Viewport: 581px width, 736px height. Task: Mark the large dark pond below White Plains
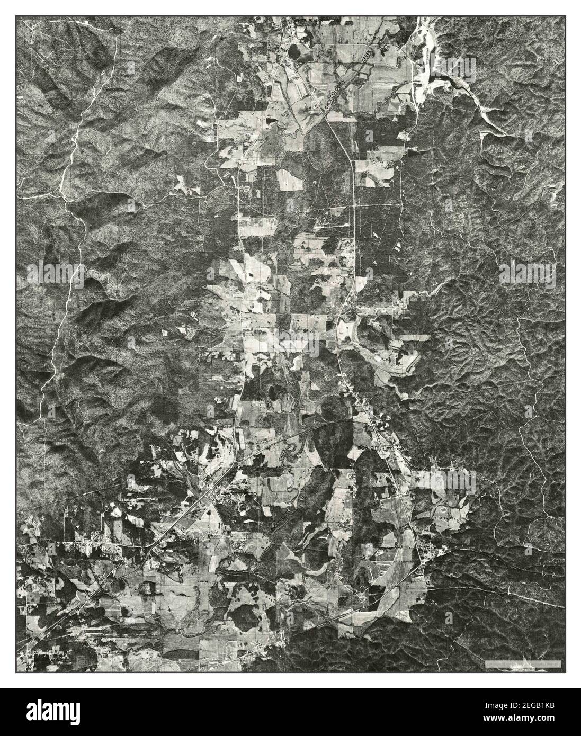tap(294, 51)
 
